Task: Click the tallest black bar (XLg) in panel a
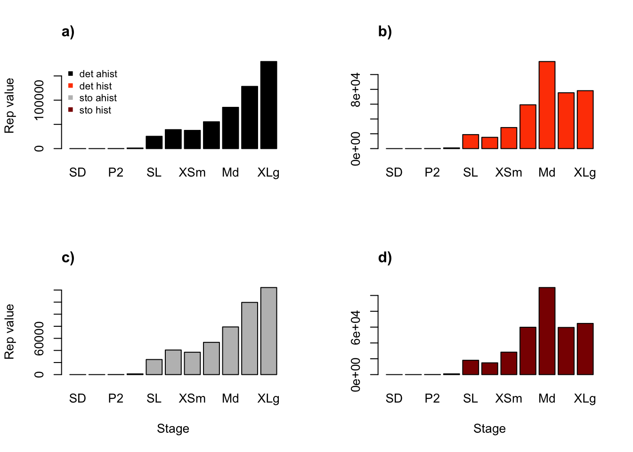(268, 105)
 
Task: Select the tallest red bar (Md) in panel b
(547, 105)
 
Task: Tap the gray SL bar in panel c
(154, 367)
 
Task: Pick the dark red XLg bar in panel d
(585, 349)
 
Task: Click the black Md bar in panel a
(230, 128)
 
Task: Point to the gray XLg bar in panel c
(268, 331)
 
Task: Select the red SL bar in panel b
(471, 142)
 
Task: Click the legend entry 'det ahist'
(98, 74)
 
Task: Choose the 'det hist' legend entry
(95, 86)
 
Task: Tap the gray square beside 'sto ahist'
(71, 98)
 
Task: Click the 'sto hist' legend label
(95, 110)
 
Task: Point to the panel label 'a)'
(68, 32)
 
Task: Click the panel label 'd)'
(385, 258)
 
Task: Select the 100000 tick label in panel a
(39, 100)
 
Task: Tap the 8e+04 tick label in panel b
(356, 89)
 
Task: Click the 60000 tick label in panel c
(39, 339)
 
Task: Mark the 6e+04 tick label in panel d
(356, 327)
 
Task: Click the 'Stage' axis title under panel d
(489, 428)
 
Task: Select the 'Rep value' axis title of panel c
(9, 331)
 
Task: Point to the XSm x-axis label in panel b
(509, 173)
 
